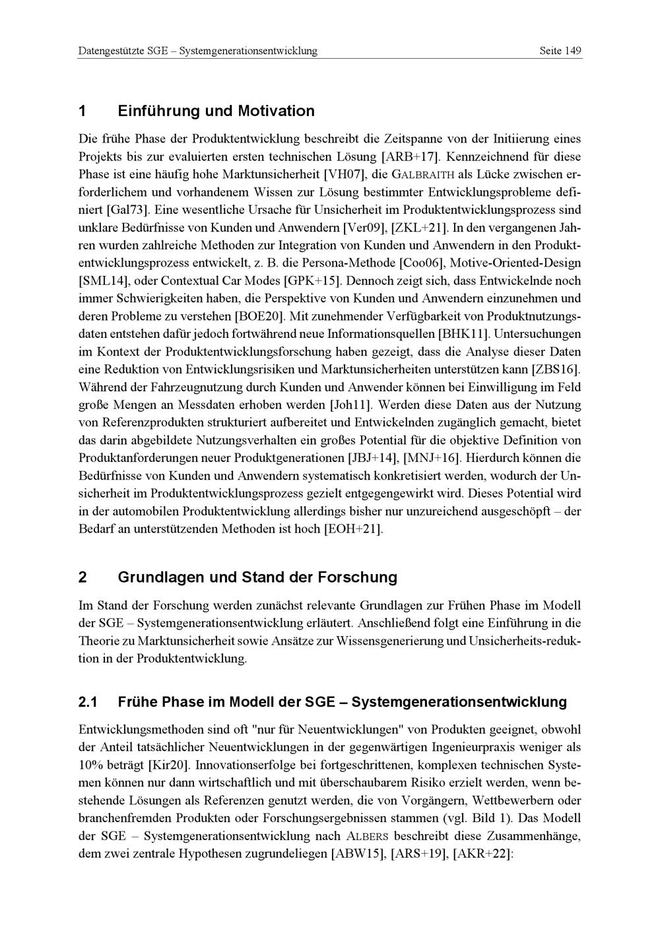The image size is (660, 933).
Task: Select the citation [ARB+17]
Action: (411, 157)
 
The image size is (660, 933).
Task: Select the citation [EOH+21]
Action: (354, 529)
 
